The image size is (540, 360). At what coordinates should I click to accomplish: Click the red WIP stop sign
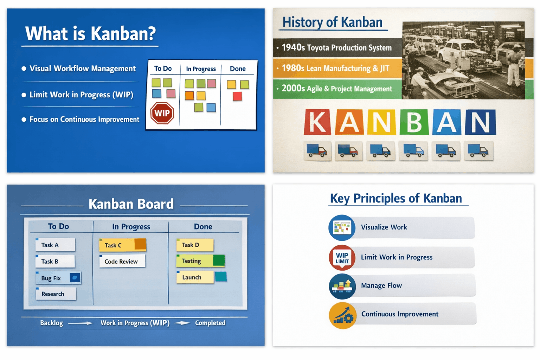click(162, 113)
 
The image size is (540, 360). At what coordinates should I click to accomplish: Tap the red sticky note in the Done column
click(237, 96)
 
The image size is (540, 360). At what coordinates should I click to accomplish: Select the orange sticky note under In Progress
click(189, 96)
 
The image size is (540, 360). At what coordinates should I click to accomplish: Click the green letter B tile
click(414, 122)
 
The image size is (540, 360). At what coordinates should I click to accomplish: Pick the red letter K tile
click(317, 122)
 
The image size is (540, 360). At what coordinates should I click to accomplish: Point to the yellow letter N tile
click(381, 122)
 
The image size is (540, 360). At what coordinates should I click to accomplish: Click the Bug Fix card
click(58, 278)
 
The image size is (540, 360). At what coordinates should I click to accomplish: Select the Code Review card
click(122, 261)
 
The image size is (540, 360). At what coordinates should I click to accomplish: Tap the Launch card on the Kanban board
click(195, 277)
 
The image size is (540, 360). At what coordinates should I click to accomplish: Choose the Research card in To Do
click(56, 294)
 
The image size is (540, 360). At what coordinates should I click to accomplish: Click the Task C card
click(122, 245)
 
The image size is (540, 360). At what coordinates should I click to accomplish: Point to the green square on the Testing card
click(219, 261)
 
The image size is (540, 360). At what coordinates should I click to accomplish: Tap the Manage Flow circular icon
click(342, 286)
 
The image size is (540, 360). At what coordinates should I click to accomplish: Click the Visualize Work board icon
click(342, 227)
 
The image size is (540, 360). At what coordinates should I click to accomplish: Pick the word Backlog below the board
click(52, 323)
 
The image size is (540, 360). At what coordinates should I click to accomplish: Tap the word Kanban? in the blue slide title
click(123, 33)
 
